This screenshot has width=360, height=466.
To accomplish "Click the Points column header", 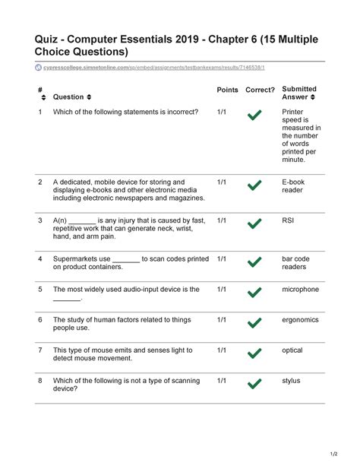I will coord(227,90).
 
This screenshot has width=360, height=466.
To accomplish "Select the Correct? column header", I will coord(260,90).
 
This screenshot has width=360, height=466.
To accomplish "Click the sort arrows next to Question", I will coord(90,97).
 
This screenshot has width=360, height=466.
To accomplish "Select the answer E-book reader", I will coord(293,187).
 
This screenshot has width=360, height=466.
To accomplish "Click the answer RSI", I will coord(288,220).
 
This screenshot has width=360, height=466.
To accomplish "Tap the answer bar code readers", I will coord(295,263).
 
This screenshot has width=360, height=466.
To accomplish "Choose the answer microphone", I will coord(301,290).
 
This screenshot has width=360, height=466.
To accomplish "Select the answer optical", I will coord(292,350).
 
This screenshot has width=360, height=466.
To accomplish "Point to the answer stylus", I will coord(291,381).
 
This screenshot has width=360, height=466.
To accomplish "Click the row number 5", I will coord(40,290).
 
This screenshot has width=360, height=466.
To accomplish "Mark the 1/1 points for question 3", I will coord(222,220).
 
